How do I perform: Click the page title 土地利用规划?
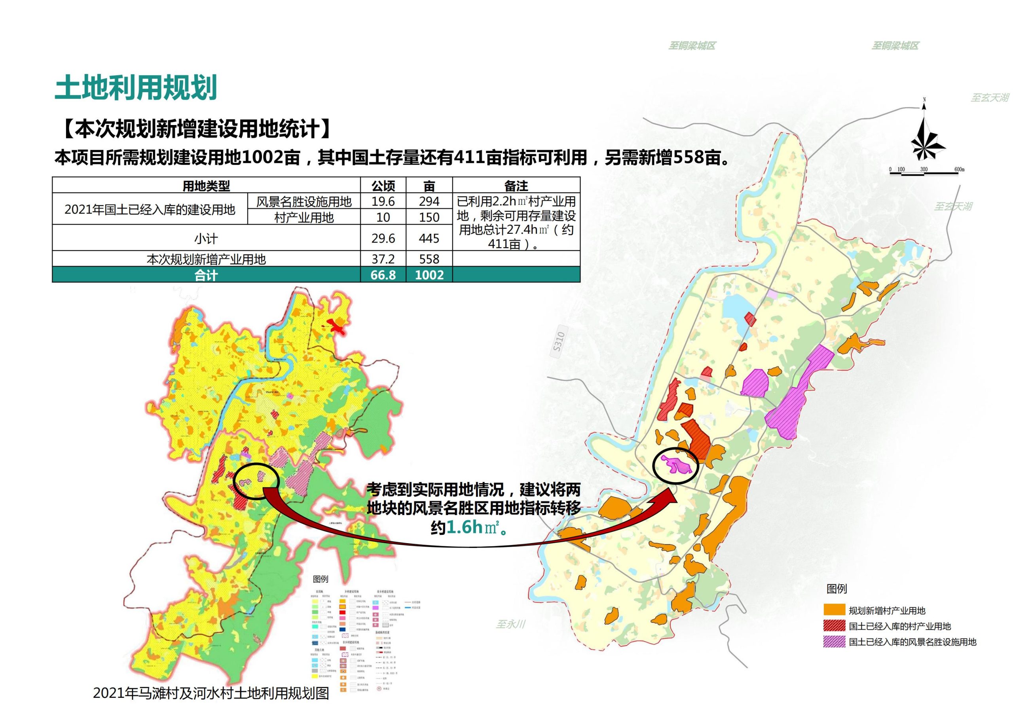click(x=136, y=87)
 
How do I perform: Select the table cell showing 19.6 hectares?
click(x=383, y=201)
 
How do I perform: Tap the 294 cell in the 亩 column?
click(x=429, y=201)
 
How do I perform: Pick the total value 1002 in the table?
click(x=429, y=275)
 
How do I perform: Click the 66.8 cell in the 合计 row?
click(x=383, y=275)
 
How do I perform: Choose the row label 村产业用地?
click(x=304, y=217)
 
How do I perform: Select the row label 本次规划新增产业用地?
click(x=206, y=259)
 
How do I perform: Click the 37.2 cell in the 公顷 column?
click(x=383, y=259)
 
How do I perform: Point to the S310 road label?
click(x=559, y=341)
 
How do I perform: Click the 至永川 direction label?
click(x=510, y=624)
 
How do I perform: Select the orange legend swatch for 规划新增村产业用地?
click(x=834, y=610)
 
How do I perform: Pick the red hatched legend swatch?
click(x=834, y=626)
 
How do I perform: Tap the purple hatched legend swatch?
click(x=834, y=642)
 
